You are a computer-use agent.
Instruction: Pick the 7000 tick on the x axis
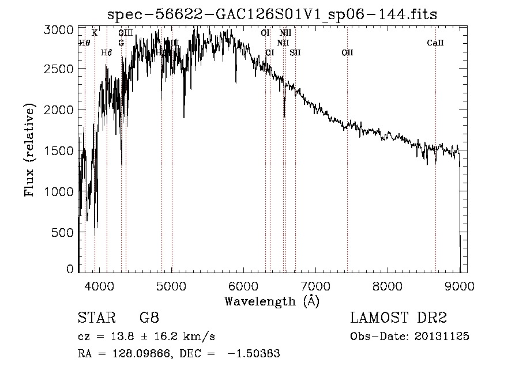pyautogui.click(x=315, y=285)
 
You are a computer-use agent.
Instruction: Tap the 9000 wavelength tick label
pyautogui.click(x=459, y=285)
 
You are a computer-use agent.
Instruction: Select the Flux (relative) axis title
pyautogui.click(x=29, y=150)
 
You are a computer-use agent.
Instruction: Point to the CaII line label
pyautogui.click(x=435, y=43)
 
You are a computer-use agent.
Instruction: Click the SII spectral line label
pyautogui.click(x=295, y=52)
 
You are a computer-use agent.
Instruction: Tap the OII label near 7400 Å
pyautogui.click(x=347, y=52)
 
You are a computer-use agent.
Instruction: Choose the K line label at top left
pyautogui.click(x=95, y=33)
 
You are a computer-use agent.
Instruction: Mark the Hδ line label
pyautogui.click(x=106, y=52)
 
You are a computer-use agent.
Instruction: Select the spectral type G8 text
pyautogui.click(x=149, y=318)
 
